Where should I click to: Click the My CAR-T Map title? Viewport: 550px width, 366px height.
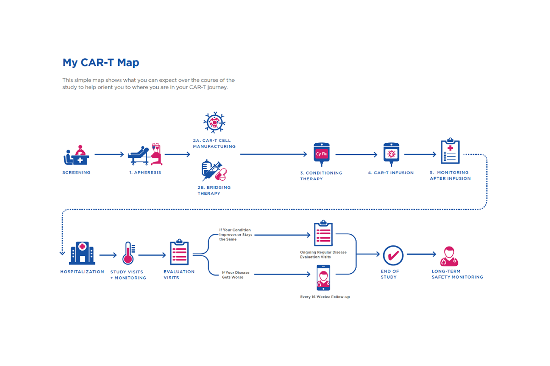(101, 62)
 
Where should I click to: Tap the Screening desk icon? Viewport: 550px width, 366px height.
(76, 156)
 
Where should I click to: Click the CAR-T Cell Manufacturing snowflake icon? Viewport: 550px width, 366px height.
(214, 122)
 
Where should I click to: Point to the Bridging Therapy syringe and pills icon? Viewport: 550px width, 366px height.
(214, 171)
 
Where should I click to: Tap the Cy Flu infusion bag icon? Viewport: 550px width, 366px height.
(322, 155)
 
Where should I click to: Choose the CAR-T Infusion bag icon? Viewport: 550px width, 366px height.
(391, 153)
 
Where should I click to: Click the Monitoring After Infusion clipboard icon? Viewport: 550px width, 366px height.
(450, 151)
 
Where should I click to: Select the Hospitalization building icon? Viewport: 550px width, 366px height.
(82, 253)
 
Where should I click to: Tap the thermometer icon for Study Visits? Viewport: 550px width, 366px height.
(128, 253)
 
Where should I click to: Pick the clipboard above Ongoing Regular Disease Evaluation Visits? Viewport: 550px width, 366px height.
(323, 234)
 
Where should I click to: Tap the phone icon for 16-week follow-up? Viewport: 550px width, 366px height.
(323, 277)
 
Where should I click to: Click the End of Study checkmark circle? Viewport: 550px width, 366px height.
(393, 255)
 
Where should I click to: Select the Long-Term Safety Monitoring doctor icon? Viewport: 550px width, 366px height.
(449, 256)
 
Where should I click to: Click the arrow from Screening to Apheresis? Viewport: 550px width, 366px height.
(109, 155)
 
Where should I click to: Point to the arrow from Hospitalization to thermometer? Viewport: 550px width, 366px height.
(108, 255)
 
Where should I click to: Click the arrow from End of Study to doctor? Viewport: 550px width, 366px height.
(421, 254)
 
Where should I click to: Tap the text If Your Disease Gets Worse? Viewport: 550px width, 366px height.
(236, 275)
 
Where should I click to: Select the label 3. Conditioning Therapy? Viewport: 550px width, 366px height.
(321, 176)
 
